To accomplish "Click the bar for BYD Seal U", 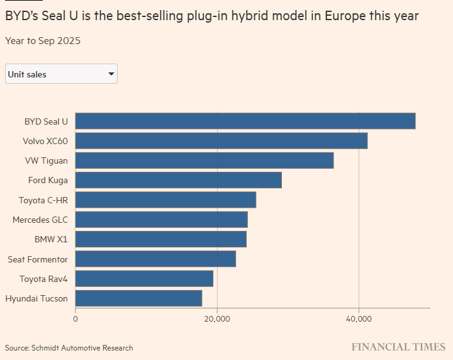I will [x=245, y=121].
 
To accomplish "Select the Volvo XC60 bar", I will [x=221, y=141].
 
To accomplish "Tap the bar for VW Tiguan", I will [x=204, y=160].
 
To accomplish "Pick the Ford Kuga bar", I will [x=179, y=180].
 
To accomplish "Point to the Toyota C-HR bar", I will [x=165, y=200].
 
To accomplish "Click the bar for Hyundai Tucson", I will [x=138, y=298].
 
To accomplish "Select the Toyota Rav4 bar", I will [x=144, y=279].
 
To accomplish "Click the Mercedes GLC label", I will [x=40, y=220].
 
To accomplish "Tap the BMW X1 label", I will [x=51, y=239].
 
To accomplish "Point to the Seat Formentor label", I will [x=38, y=259].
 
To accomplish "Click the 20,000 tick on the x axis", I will [x=217, y=319].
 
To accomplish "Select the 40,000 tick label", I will [x=359, y=319].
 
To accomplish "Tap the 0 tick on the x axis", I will [x=75, y=319].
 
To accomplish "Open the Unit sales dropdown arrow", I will [x=111, y=74].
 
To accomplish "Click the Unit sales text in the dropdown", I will [x=27, y=74].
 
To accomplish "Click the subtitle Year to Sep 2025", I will [x=43, y=41].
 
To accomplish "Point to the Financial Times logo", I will [x=398, y=347].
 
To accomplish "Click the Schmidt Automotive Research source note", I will [x=83, y=347].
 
